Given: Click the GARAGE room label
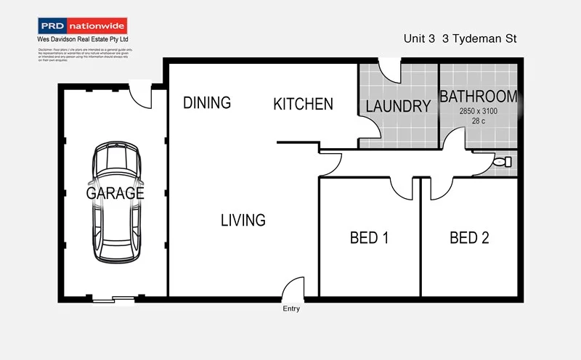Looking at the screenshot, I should click(x=115, y=194).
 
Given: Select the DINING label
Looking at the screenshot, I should click(x=206, y=103).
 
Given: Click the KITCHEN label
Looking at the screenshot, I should click(x=303, y=105).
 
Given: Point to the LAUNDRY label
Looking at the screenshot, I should click(x=398, y=107).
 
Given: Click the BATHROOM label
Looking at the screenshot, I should click(x=479, y=97).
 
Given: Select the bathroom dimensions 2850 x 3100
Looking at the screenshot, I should click(x=479, y=111).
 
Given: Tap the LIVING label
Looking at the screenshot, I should click(x=243, y=220).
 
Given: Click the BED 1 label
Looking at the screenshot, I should click(x=369, y=237).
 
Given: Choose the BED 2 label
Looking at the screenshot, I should click(x=468, y=237).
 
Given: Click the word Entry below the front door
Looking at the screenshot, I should click(x=291, y=309).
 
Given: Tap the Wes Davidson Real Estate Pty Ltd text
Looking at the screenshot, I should click(x=82, y=40).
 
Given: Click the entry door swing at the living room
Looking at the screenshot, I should click(x=293, y=288).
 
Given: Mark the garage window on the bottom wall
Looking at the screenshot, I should click(x=113, y=298).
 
